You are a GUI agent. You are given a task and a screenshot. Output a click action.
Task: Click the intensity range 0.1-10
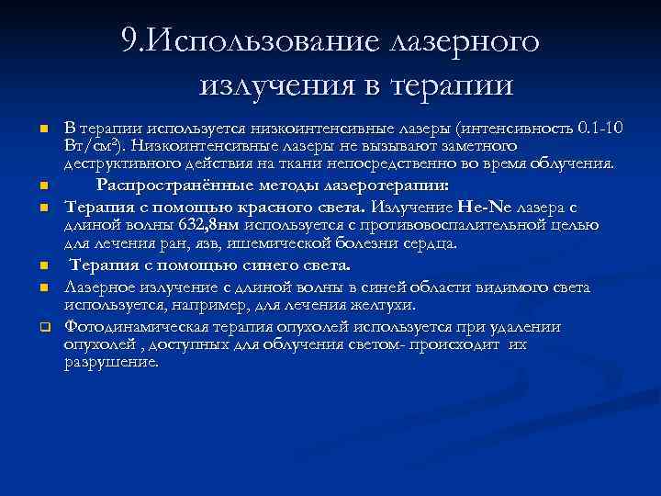tap(599, 128)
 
